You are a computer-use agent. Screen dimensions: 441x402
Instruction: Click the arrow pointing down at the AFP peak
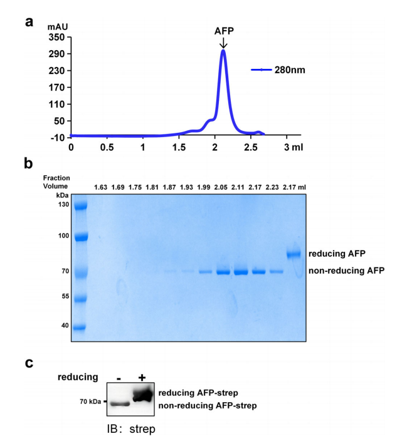(223, 43)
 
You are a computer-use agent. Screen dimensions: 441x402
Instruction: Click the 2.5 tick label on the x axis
(251, 148)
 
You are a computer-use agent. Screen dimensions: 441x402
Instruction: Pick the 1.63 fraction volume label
(100, 187)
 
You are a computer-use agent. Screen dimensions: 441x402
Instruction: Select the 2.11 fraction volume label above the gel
(241, 187)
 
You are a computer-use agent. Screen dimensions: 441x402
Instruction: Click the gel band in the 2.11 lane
(241, 272)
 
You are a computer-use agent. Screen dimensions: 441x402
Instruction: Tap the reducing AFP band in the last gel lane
(294, 254)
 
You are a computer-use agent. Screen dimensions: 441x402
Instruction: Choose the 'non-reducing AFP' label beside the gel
(346, 271)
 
